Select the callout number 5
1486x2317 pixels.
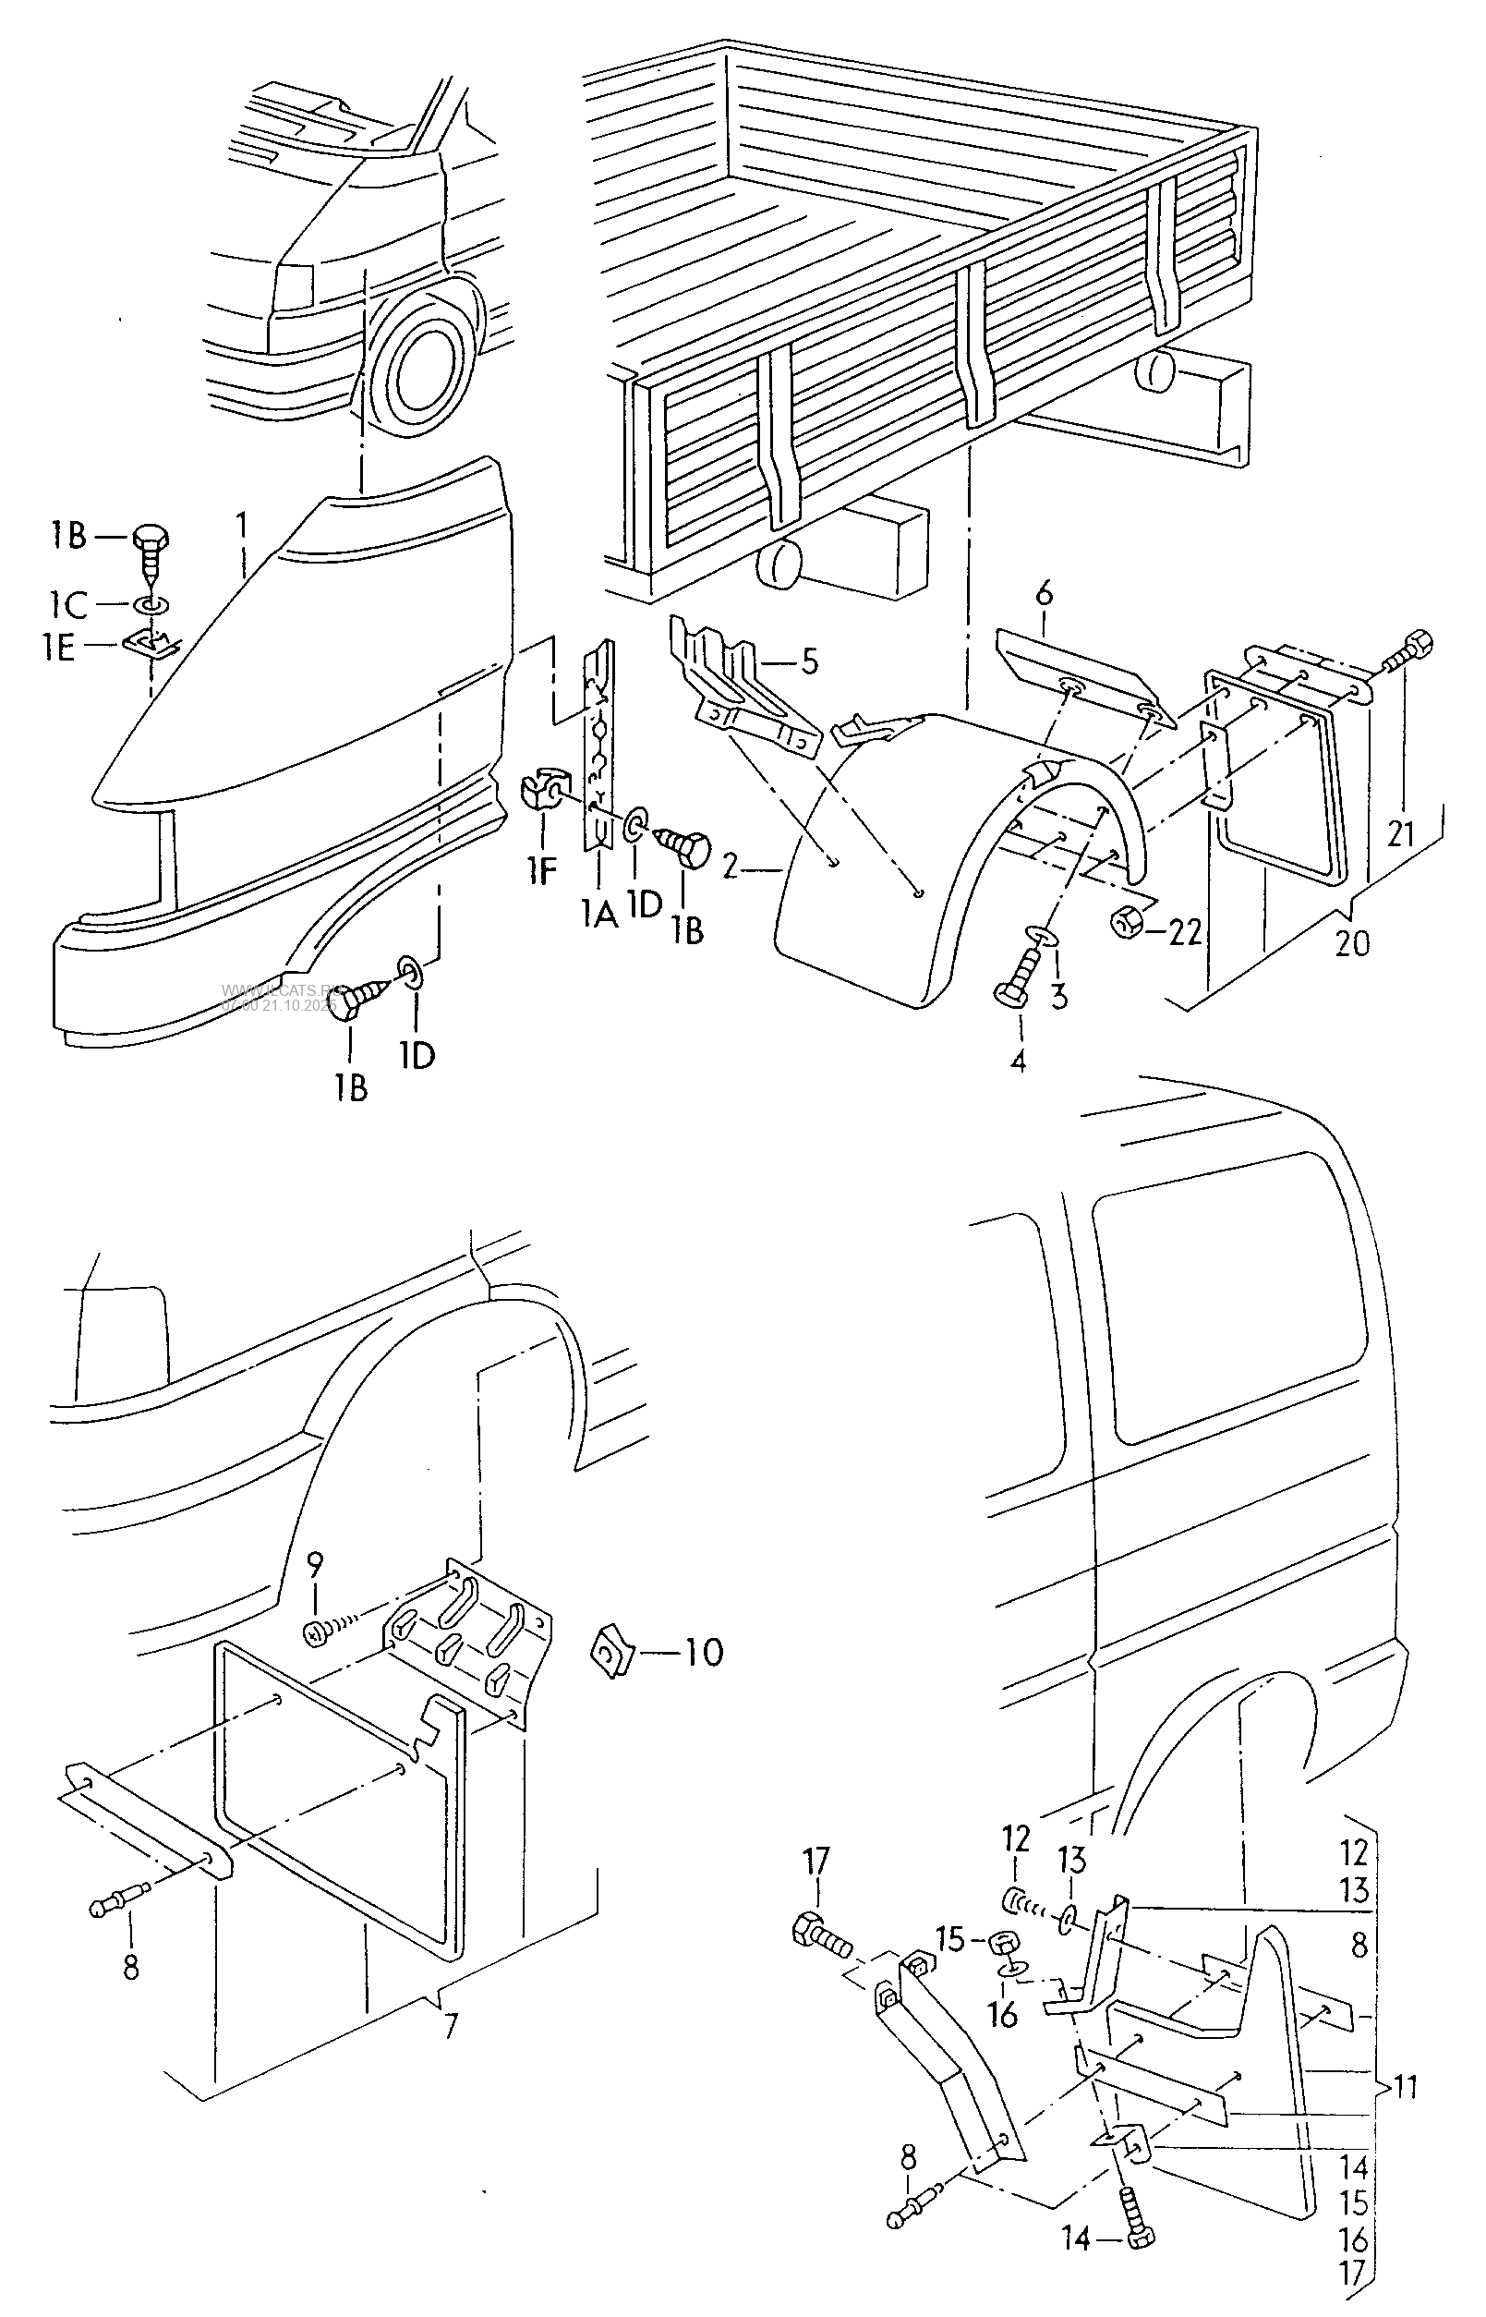[809, 662]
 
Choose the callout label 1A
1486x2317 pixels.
[598, 913]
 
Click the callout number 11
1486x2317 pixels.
[1406, 2087]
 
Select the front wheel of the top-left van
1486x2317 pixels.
[422, 362]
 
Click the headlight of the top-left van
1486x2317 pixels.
[294, 284]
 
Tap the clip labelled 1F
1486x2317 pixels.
[543, 794]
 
